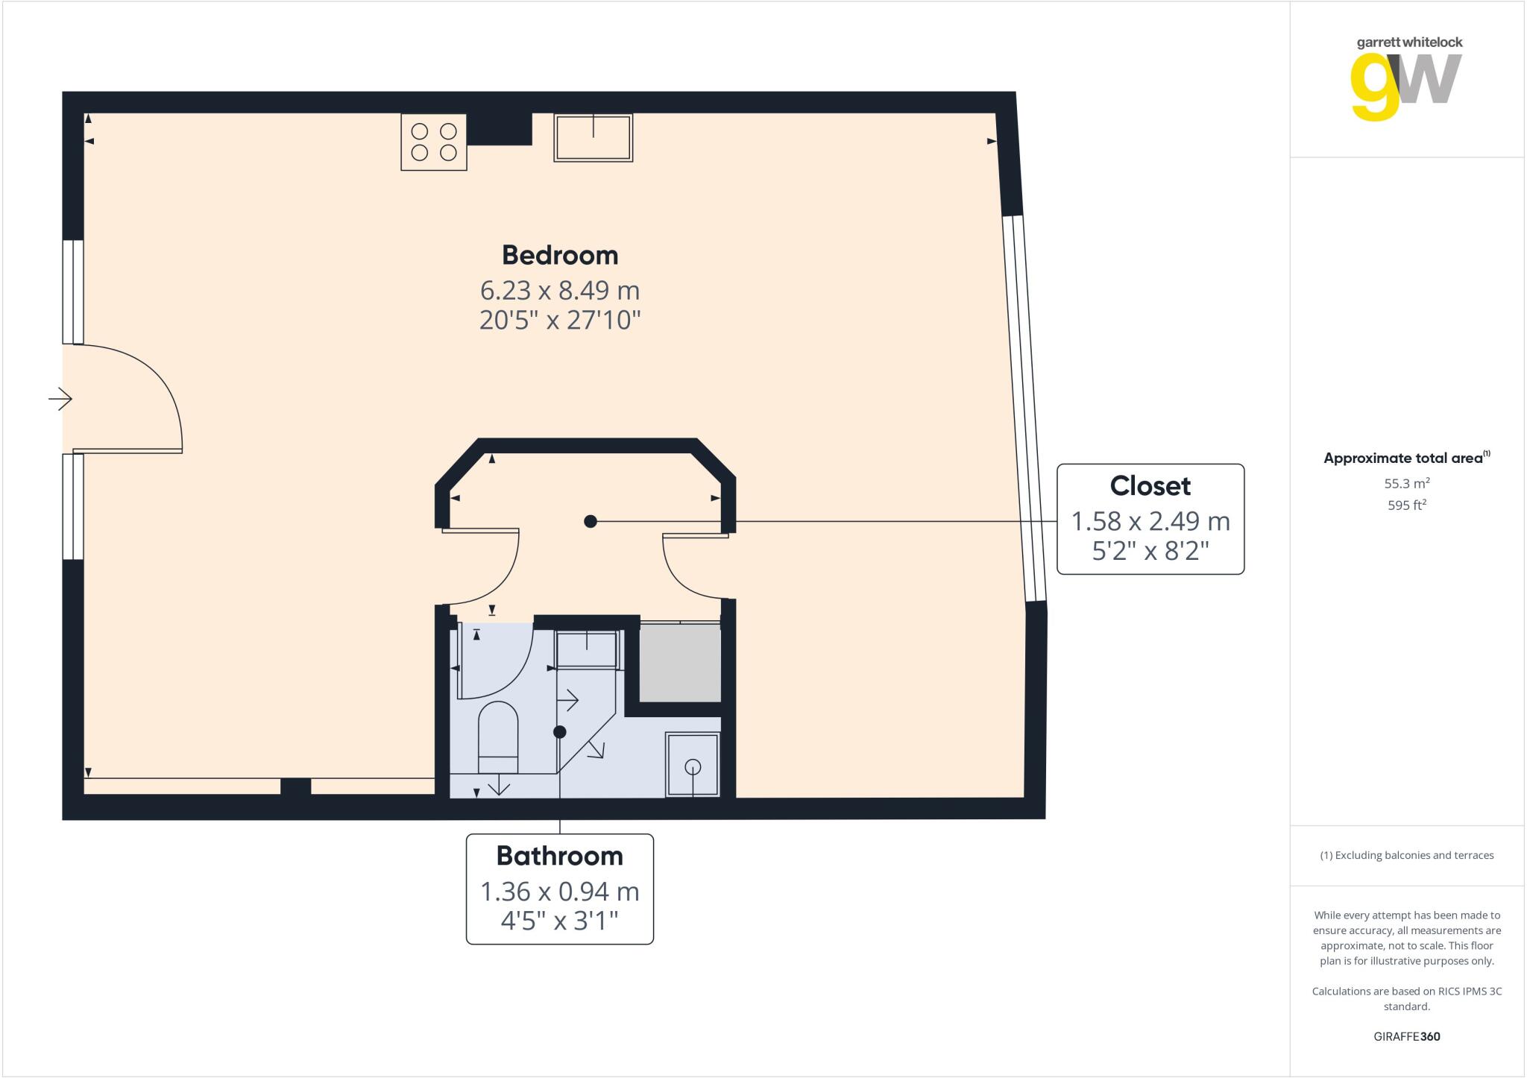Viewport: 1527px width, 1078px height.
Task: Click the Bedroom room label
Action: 560,255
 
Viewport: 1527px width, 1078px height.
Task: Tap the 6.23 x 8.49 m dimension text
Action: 560,289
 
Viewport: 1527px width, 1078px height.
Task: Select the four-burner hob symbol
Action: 434,142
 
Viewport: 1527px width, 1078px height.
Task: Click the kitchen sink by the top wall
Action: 594,139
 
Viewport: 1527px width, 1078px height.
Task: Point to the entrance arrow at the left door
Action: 60,400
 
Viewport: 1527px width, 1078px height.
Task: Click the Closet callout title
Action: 1150,486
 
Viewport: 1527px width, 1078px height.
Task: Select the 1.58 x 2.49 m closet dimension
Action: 1150,521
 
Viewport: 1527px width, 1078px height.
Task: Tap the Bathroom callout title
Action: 559,856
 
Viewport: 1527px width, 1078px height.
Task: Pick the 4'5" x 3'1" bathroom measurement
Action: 559,921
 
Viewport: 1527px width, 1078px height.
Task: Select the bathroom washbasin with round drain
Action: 693,766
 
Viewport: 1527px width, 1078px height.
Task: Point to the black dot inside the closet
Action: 591,521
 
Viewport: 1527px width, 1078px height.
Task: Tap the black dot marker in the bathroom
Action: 560,732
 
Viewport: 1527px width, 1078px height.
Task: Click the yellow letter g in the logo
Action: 1375,88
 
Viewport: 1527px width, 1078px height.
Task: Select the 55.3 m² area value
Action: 1406,483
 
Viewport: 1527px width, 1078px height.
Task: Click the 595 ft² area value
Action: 1406,505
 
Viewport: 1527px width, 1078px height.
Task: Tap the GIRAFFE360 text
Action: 1406,1036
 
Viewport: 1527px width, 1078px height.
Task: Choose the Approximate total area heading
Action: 1405,458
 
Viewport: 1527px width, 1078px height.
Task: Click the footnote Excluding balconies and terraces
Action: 1406,855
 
